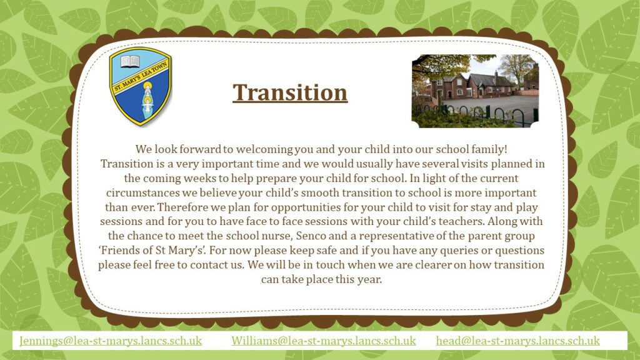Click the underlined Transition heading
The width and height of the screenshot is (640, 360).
click(290, 93)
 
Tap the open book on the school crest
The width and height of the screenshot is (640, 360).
click(130, 62)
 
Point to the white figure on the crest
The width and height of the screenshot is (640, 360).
click(146, 102)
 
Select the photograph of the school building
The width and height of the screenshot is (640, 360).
click(475, 91)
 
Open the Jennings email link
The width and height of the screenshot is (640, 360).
click(111, 341)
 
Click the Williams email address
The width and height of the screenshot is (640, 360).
click(324, 341)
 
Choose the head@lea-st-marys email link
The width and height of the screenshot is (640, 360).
click(518, 341)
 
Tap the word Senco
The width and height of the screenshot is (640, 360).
click(309, 236)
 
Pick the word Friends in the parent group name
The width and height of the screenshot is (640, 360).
click(115, 250)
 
